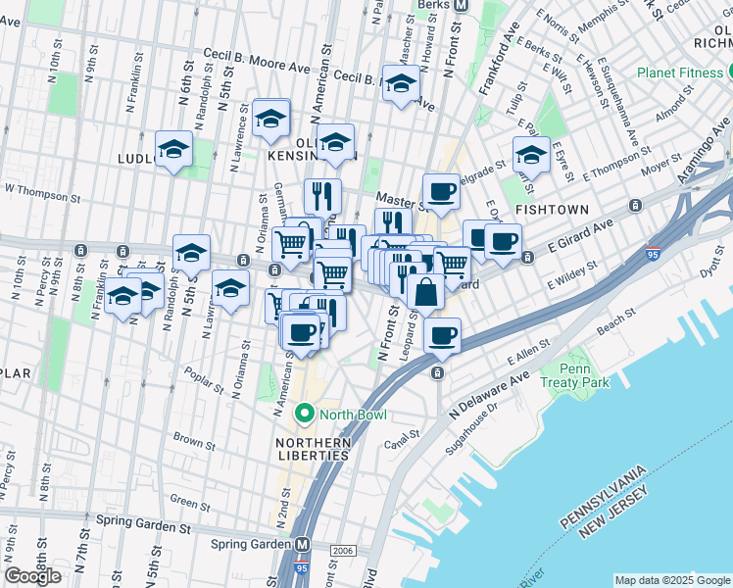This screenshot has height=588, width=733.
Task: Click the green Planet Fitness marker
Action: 728,73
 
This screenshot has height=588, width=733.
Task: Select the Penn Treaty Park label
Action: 581,374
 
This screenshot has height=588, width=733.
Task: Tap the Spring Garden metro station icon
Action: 304,544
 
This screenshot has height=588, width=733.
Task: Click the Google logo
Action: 33,576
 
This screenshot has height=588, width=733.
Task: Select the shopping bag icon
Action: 425,291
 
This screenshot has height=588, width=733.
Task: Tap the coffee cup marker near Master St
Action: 441,191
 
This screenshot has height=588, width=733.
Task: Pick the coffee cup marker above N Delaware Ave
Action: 442,336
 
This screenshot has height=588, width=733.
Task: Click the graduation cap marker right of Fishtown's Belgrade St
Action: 531,154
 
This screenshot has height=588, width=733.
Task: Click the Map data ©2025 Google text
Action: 671,579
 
